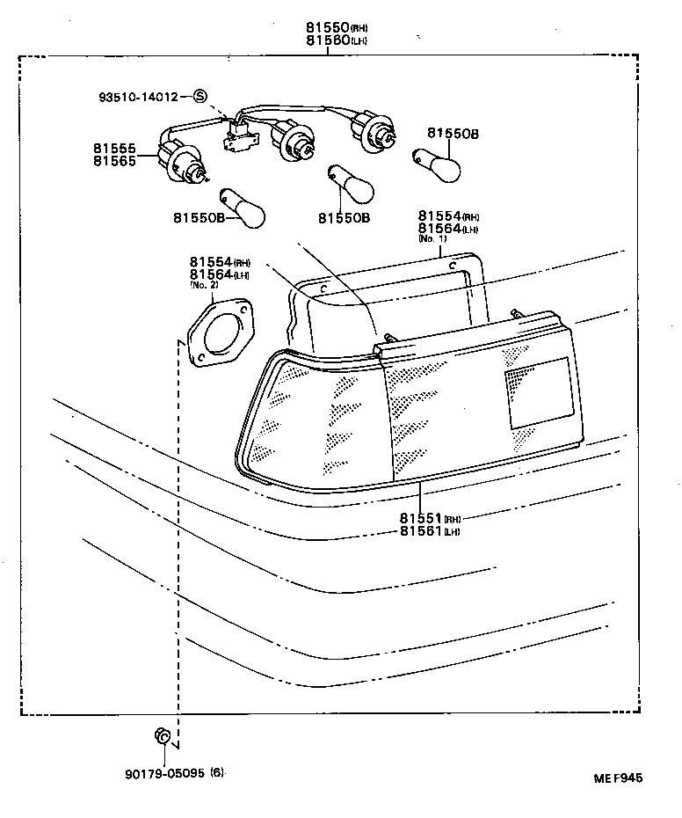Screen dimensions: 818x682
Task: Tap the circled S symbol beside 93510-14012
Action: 200,97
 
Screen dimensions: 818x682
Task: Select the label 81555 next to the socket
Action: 113,150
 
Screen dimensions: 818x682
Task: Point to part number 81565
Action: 113,162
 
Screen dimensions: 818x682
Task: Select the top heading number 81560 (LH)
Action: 327,41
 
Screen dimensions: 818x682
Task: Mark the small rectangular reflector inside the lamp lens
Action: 537,392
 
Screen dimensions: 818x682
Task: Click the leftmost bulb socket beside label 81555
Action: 180,159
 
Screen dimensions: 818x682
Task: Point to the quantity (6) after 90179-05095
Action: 217,773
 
